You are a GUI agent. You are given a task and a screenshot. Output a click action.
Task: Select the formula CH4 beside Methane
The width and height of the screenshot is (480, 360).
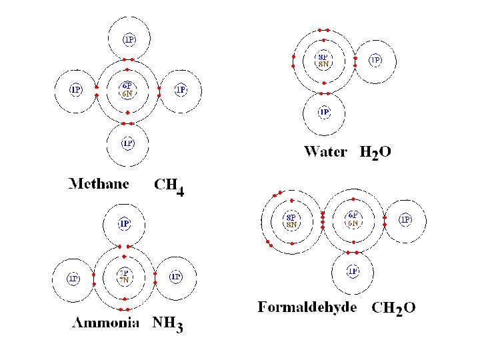point(169,187)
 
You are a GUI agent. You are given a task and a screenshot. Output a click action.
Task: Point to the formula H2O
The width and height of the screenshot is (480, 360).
point(375,153)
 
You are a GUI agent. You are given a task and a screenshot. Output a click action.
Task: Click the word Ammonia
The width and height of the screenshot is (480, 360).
point(105,323)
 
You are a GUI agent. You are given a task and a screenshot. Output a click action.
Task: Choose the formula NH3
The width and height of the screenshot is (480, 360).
point(168,325)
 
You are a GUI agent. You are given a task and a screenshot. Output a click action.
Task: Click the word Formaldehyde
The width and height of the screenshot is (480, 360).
point(307,307)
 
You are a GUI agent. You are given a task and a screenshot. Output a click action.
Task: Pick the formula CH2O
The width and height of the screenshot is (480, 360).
point(393,308)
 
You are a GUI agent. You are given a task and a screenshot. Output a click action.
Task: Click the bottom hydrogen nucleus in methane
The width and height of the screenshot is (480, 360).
point(127,143)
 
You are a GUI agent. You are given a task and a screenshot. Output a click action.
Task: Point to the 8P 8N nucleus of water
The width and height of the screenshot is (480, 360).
point(323,61)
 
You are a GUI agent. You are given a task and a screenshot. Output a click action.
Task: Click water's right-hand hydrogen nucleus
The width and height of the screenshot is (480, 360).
point(376,61)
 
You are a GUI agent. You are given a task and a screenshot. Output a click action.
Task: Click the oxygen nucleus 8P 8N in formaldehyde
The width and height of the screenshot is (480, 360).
point(291,220)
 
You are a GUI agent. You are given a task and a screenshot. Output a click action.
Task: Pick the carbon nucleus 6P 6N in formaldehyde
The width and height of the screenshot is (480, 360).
point(353,219)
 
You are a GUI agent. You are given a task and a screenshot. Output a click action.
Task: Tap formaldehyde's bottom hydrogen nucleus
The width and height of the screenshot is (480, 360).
point(353,271)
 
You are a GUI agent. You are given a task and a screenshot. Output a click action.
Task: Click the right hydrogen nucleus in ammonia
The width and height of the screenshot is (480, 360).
point(176,277)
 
